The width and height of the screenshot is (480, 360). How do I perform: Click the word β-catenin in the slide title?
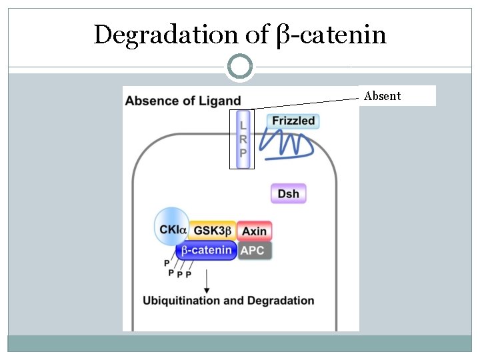pos(331,35)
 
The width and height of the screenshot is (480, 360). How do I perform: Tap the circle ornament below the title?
pos(240,67)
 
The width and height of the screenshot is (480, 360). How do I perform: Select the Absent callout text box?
pos(397,95)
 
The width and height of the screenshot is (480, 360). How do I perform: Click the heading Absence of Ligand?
pos(183,101)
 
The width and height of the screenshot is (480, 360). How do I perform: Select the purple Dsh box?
pos(288,194)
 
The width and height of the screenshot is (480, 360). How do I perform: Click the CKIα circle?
pos(171,229)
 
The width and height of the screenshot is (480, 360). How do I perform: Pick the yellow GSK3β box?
pos(212,231)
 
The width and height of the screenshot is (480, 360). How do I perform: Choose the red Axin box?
pos(254,231)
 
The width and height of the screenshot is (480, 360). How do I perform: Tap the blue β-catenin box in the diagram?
pos(207,251)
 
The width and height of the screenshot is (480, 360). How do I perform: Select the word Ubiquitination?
pos(182,301)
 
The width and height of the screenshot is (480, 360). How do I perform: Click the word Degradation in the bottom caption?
pos(281,301)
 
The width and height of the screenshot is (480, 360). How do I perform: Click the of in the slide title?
pos(257,35)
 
